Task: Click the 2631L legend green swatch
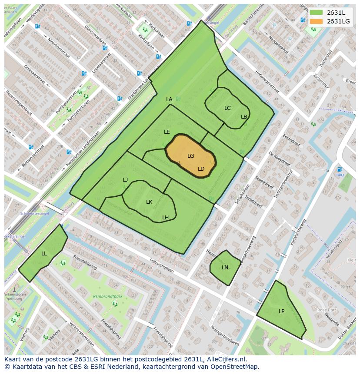pos(316,13)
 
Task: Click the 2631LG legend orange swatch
pos(316,21)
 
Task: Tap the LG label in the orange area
pos(190,156)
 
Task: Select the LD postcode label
pos(201,169)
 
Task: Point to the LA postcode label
pos(169,99)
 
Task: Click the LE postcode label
pos(167,132)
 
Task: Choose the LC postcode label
pos(227,108)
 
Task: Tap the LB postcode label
pos(244,117)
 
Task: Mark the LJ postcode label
pos(125,180)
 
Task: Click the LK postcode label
pos(149,202)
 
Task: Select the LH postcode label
pos(165,218)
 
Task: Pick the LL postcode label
pos(44,254)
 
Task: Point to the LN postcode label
pos(225,268)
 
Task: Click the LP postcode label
pos(281,311)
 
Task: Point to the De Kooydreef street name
pos(279,159)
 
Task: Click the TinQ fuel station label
pos(340,175)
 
